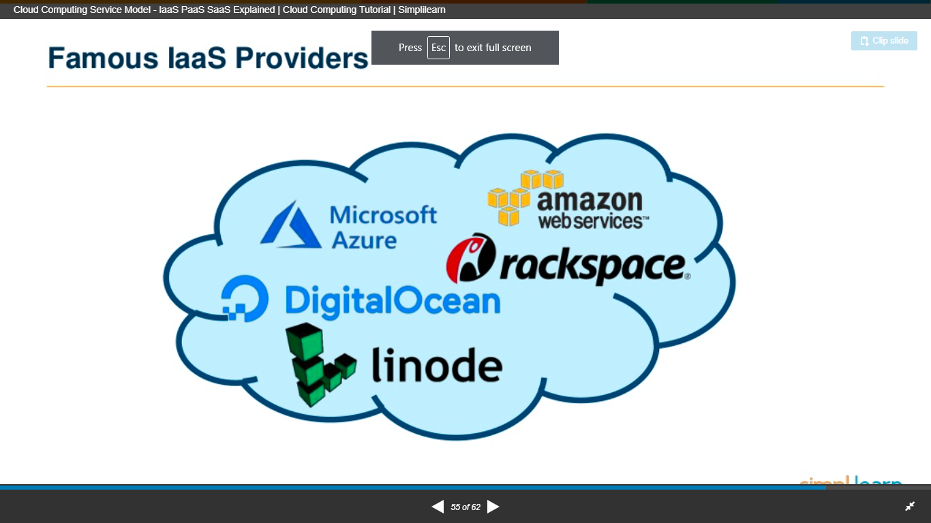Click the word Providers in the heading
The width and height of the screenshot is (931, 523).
pos(302,59)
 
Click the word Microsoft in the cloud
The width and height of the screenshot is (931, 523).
pos(383,215)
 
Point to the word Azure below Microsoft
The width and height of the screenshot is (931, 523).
pos(364,240)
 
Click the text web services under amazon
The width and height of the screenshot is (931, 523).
pos(592,221)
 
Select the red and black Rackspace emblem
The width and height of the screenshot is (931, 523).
pos(471,259)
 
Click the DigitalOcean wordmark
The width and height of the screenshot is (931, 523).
pos(393,300)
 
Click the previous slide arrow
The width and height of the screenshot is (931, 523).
pos(438,507)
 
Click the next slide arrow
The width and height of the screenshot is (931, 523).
pos(493,507)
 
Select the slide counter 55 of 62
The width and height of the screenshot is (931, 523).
pos(465,507)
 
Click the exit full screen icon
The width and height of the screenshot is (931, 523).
pos(910,506)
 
